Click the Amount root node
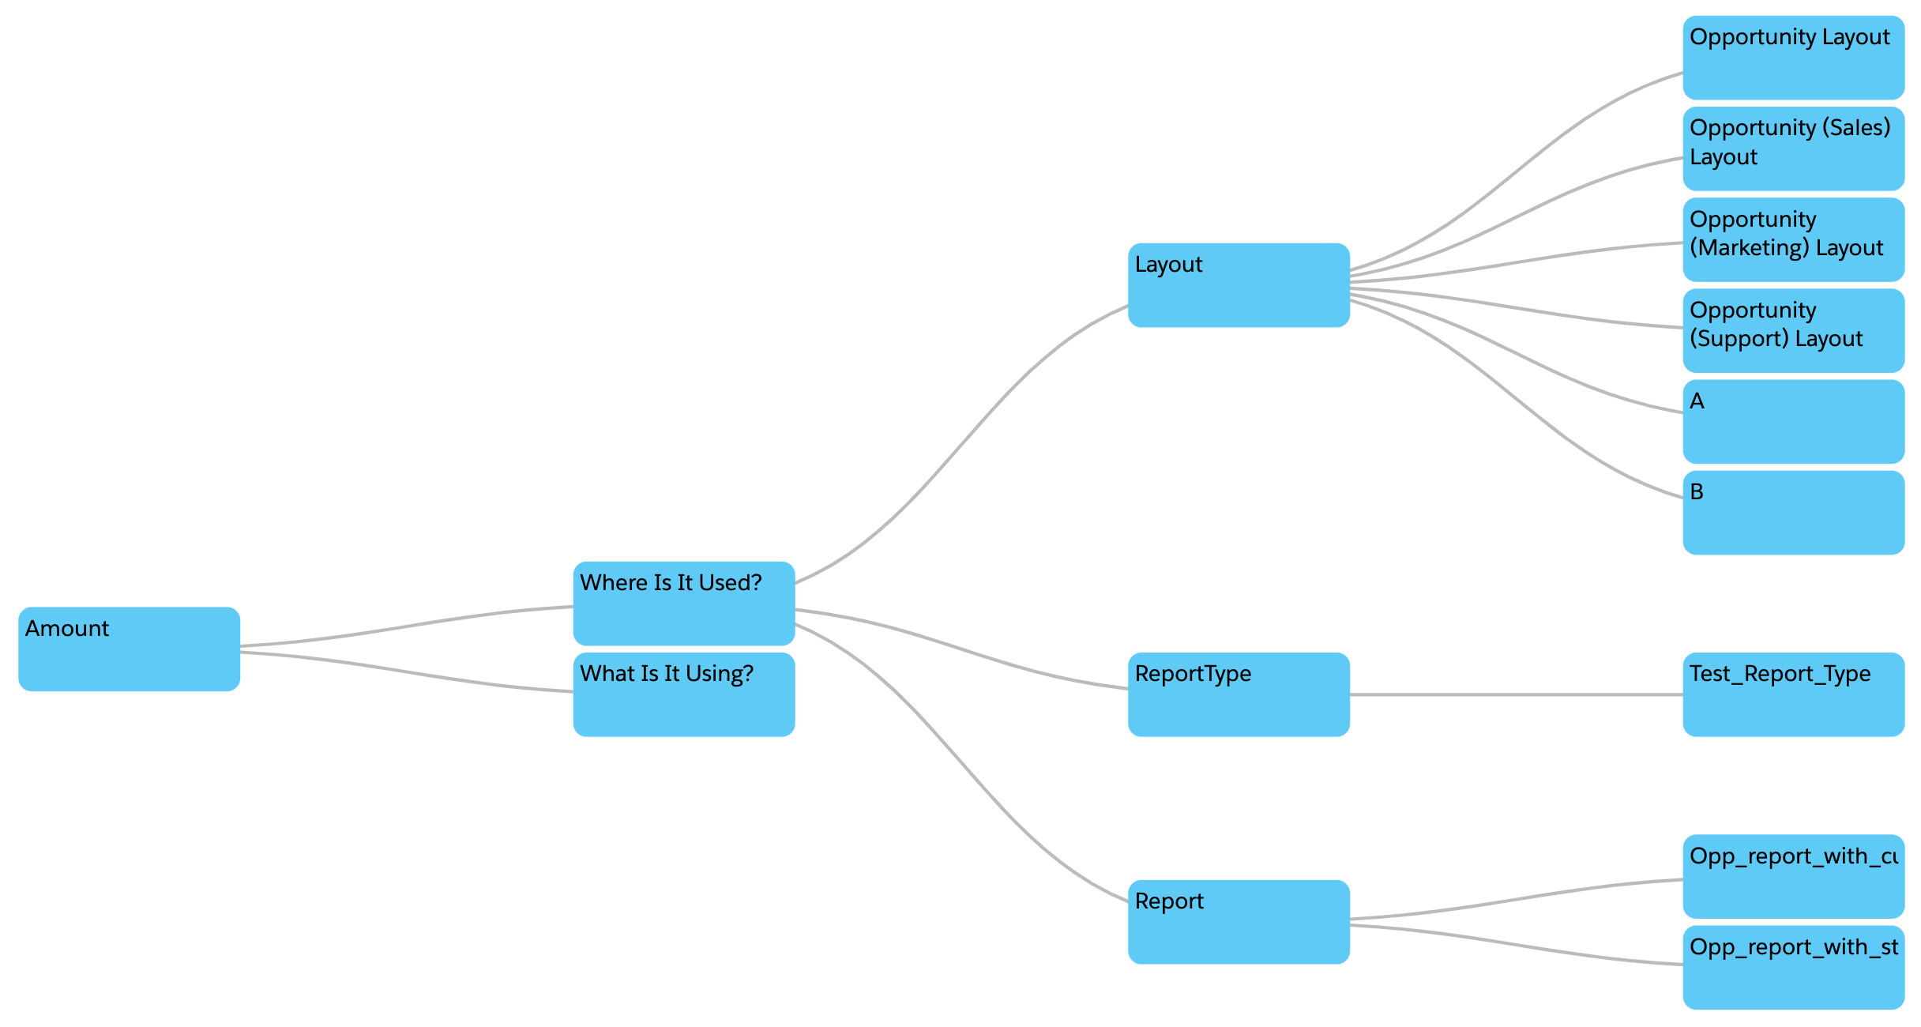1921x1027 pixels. [x=129, y=649]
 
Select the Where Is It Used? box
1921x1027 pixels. [x=683, y=603]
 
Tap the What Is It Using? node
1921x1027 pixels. [x=683, y=694]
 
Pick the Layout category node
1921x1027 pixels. [x=1238, y=284]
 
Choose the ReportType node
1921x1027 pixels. [x=1238, y=694]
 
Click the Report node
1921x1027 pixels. [x=1238, y=921]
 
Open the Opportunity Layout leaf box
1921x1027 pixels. [x=1793, y=57]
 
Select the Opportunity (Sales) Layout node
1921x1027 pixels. [x=1793, y=149]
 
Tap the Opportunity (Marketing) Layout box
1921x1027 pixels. [x=1793, y=239]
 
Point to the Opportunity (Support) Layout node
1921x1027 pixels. [x=1793, y=330]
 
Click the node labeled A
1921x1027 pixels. [x=1793, y=421]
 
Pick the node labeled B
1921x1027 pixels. [x=1793, y=512]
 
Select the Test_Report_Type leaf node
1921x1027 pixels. [x=1793, y=694]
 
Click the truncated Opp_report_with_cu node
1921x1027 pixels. [x=1793, y=876]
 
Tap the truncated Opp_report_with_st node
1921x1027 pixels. [x=1793, y=967]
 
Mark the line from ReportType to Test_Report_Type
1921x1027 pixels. [x=1517, y=694]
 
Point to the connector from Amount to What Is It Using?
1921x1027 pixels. [x=407, y=671]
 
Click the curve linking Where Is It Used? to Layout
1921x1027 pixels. [x=961, y=444]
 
